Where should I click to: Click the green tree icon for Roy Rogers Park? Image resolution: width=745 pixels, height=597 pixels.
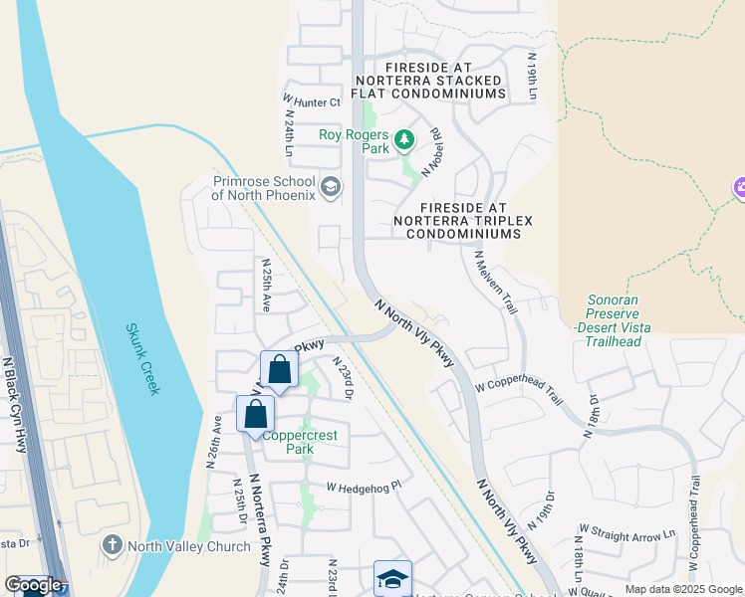click(x=404, y=140)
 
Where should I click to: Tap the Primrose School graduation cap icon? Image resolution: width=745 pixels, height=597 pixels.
click(x=331, y=186)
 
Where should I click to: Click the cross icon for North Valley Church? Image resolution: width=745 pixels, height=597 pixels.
click(x=112, y=545)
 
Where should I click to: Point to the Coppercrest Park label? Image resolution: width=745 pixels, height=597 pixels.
click(x=299, y=442)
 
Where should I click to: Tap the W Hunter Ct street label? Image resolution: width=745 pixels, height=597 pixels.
click(x=312, y=101)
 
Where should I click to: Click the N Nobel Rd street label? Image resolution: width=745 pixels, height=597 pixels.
click(x=432, y=151)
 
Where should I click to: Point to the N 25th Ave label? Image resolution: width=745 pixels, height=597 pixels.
click(x=266, y=286)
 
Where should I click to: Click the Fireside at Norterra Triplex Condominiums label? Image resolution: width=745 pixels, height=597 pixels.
click(x=457, y=219)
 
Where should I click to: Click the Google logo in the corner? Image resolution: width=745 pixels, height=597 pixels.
click(x=33, y=585)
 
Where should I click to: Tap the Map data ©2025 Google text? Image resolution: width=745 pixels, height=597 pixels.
click(x=683, y=589)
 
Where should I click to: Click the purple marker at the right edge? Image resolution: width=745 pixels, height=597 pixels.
click(x=739, y=186)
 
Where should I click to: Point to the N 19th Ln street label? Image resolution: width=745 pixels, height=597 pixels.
click(x=533, y=76)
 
